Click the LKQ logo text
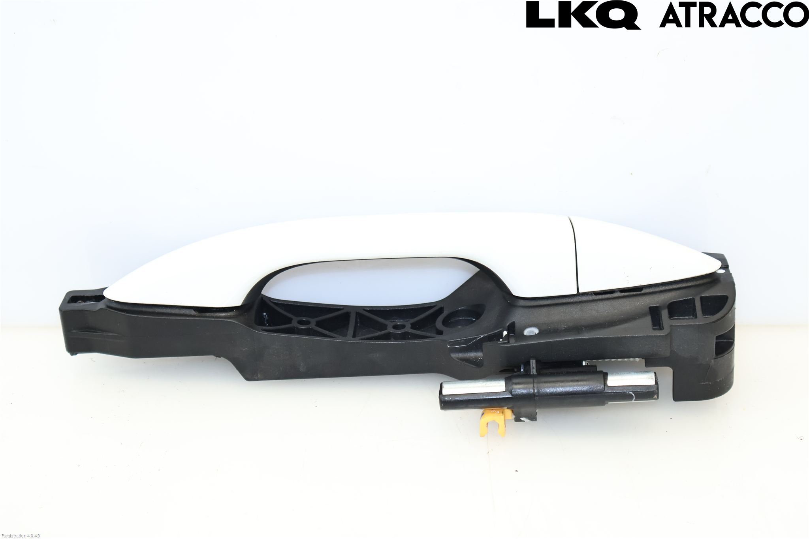pos(583,15)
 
